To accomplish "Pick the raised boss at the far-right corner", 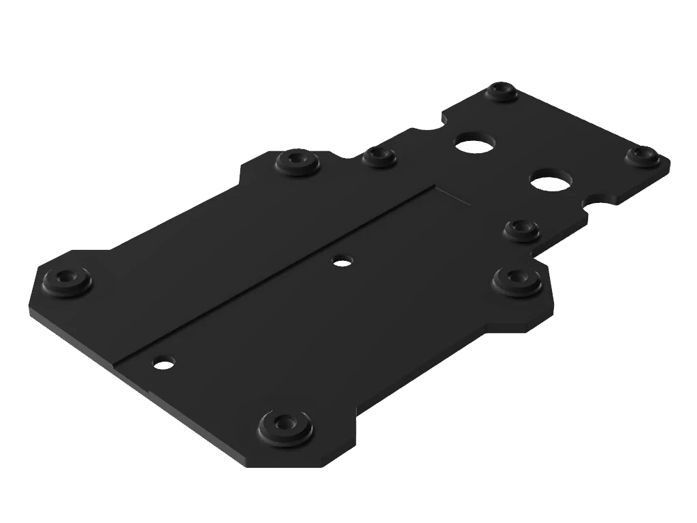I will point(641,156).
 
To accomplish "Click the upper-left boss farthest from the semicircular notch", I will point(297,161).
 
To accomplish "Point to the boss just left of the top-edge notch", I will point(378,157).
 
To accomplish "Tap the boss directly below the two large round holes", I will point(522,230).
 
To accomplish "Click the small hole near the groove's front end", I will point(163,362).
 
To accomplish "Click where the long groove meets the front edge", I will point(116,362).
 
